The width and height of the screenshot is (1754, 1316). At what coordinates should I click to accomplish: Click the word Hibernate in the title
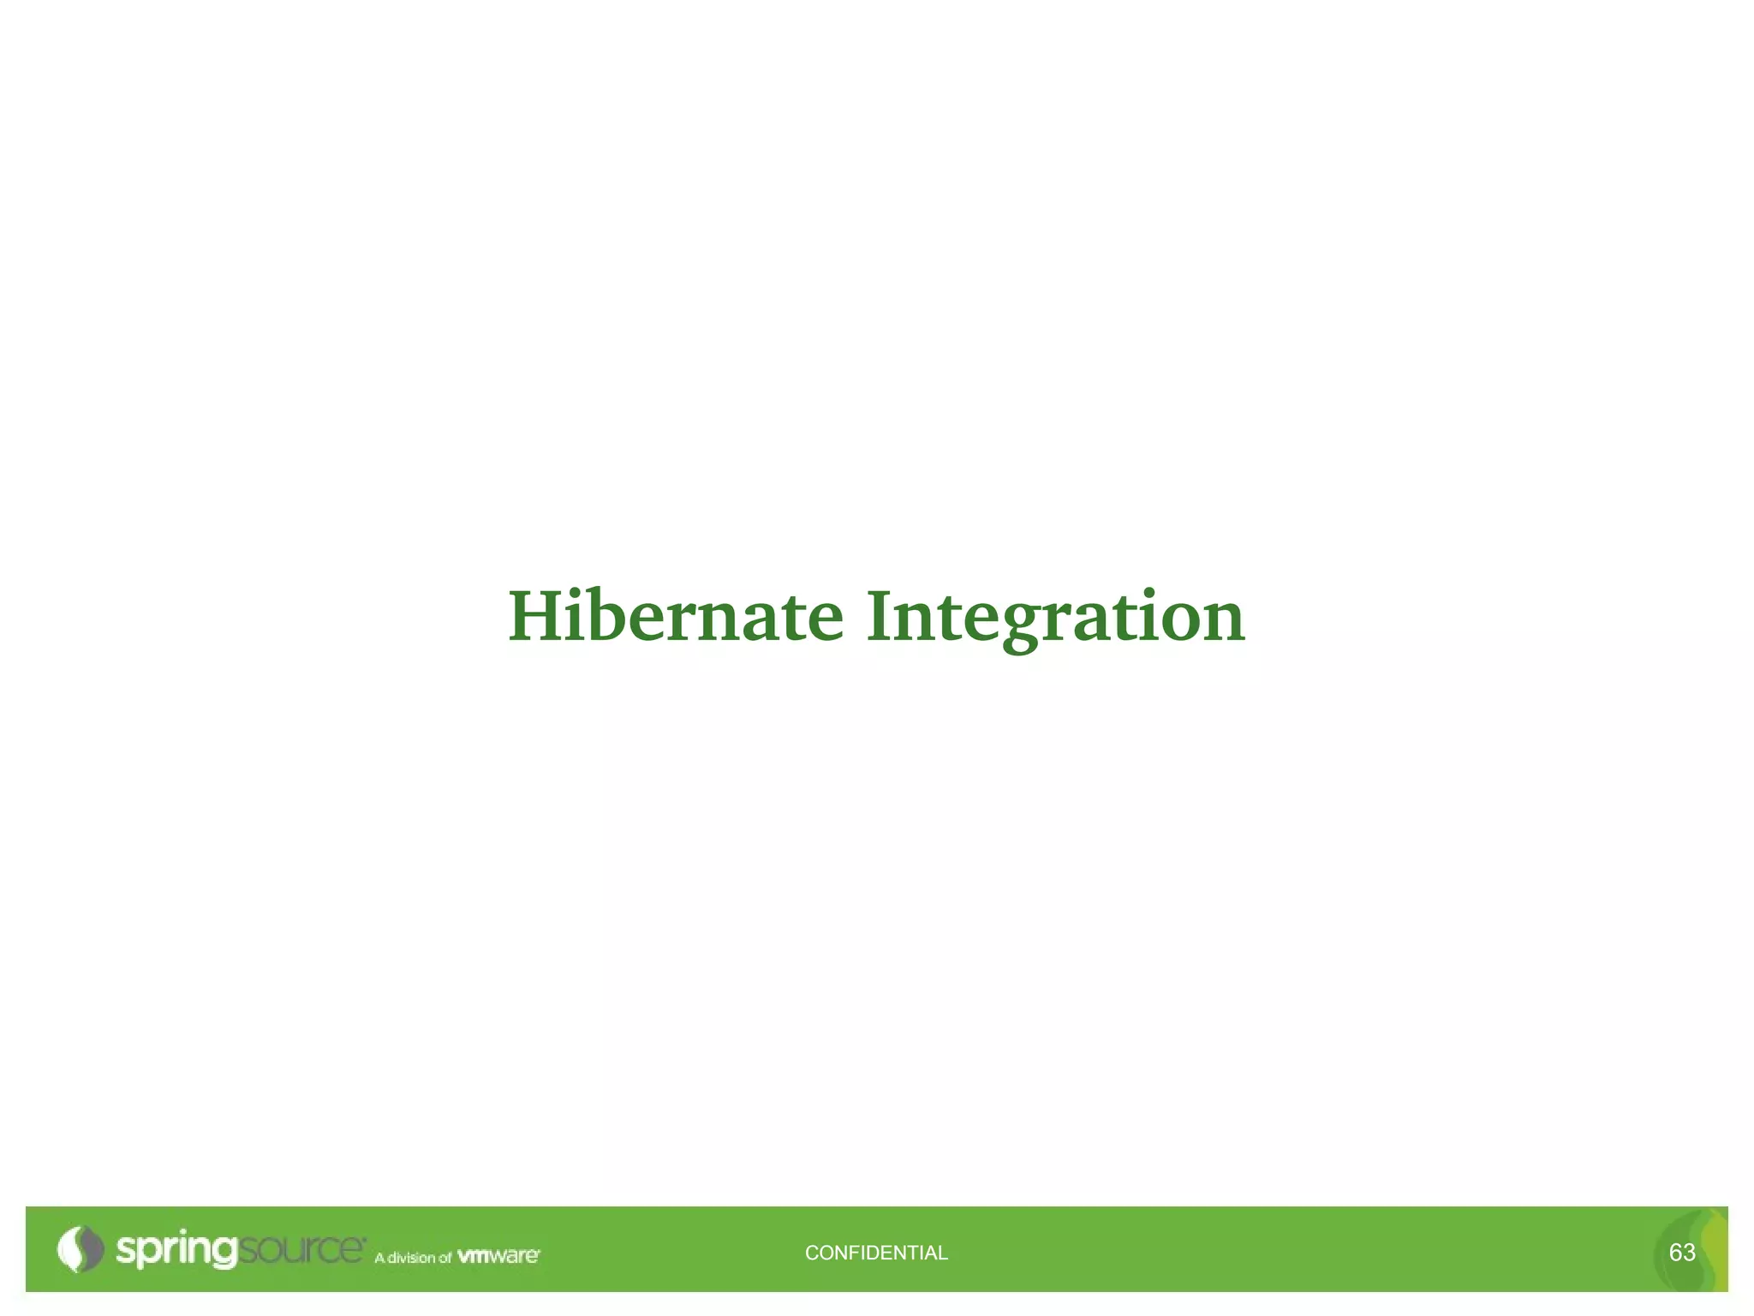tap(676, 617)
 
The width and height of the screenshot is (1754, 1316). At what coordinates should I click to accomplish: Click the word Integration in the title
tap(1055, 617)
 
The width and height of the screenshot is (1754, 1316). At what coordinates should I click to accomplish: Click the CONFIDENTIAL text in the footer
tap(876, 1253)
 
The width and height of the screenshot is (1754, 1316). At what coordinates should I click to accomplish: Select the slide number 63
tap(1682, 1253)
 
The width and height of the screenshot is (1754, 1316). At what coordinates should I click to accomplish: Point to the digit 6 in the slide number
tap(1675, 1253)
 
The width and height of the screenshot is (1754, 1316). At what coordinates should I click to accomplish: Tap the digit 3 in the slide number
tap(1689, 1253)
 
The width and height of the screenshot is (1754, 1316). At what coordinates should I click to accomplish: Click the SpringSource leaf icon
tap(80, 1249)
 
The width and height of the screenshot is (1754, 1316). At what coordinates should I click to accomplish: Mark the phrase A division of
tap(413, 1258)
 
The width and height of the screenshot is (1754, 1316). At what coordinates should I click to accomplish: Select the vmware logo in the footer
tap(498, 1256)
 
